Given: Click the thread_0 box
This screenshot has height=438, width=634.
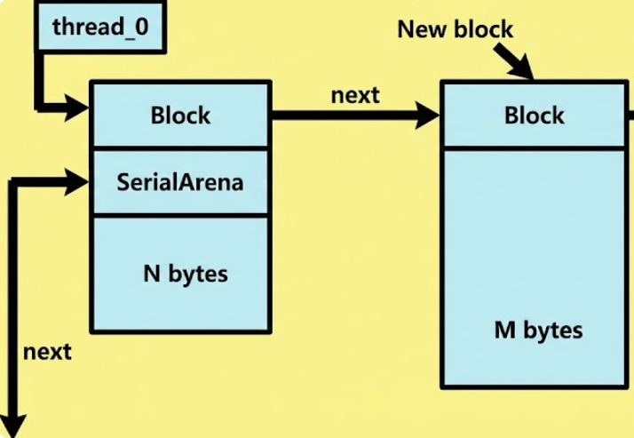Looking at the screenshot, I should (99, 27).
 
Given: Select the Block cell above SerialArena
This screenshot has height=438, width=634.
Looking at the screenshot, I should (180, 115).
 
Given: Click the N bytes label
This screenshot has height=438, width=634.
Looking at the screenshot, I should (185, 273).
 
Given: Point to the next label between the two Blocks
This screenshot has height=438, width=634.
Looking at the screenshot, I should (355, 95).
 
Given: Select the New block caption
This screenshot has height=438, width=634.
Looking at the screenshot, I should (455, 29).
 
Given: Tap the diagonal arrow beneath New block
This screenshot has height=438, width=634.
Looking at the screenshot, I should (516, 62).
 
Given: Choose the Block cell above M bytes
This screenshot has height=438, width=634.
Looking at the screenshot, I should (534, 115).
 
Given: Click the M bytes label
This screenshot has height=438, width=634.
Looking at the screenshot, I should (538, 330).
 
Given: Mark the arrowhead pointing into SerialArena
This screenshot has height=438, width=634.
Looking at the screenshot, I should (78, 182).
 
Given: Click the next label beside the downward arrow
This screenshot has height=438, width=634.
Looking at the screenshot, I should (47, 351).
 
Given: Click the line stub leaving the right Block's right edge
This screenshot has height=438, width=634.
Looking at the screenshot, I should (629, 115).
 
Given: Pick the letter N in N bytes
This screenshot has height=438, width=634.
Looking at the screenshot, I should (150, 273).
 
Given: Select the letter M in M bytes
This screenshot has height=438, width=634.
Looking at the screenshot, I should (503, 330).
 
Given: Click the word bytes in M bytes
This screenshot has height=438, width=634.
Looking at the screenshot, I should (551, 331).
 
